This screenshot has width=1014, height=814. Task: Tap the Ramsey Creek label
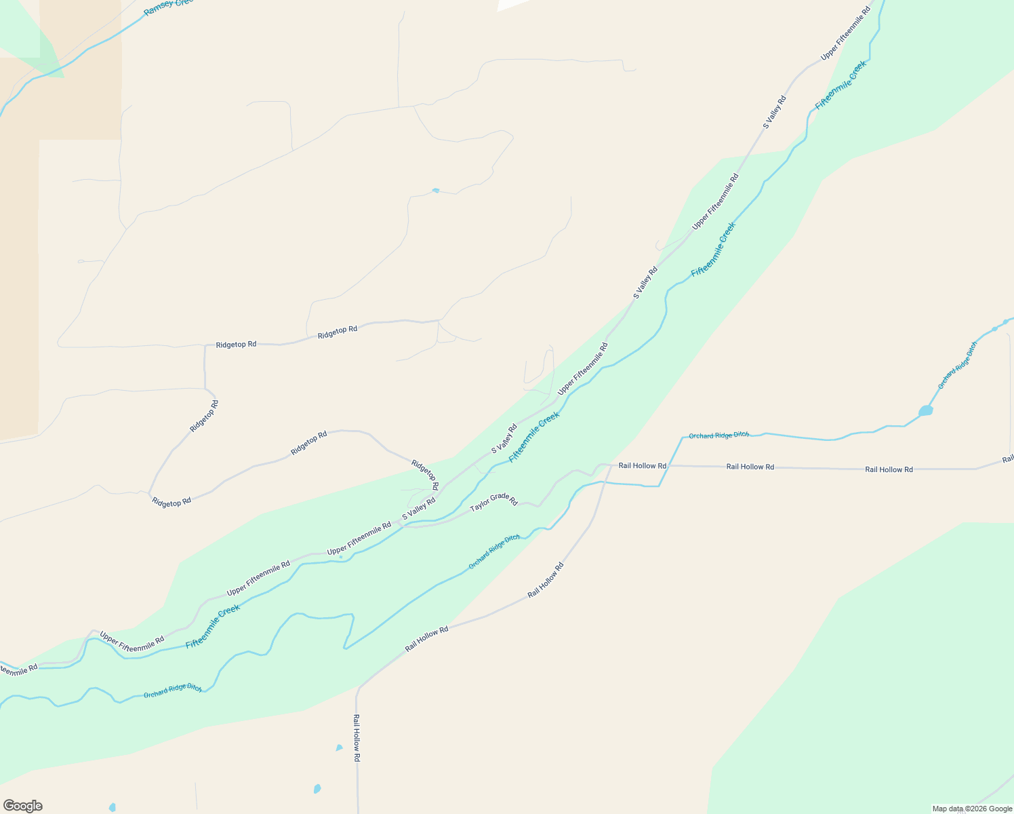(x=168, y=6)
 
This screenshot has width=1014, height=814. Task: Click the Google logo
(x=22, y=806)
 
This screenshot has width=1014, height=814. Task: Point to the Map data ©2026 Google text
(x=971, y=809)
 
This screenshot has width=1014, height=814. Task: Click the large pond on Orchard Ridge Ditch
(x=925, y=410)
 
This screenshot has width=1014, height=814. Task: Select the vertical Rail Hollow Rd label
(x=356, y=737)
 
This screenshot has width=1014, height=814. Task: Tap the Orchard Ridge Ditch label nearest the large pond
(x=957, y=365)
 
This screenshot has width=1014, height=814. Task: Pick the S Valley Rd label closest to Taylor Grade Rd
(x=418, y=509)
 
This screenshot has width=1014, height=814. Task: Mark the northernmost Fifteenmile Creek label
(x=840, y=85)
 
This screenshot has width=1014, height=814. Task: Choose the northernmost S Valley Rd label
(x=774, y=112)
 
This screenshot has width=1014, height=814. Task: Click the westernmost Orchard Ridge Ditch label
(x=172, y=691)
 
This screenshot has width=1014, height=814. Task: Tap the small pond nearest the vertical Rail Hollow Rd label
(x=339, y=748)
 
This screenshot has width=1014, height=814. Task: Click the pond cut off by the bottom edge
(x=112, y=808)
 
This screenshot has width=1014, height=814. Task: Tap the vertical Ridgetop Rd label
(x=204, y=416)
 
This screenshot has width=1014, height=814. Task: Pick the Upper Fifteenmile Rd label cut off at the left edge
(x=18, y=670)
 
